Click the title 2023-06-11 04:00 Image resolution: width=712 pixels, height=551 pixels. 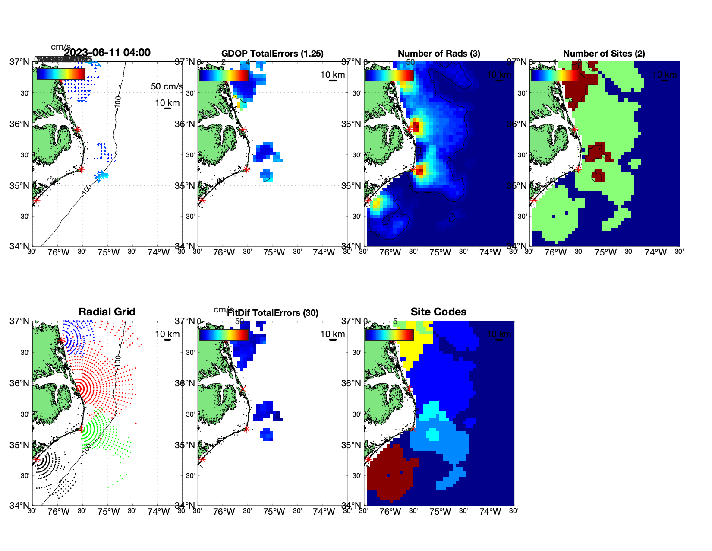coord(107,53)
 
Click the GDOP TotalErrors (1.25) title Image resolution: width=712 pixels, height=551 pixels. coord(272,54)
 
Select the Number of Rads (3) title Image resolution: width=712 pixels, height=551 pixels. coord(439,54)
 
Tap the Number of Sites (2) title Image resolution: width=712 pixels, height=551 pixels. coord(604,54)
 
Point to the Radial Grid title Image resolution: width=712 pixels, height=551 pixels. coord(107,312)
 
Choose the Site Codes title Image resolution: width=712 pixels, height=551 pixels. coord(438,312)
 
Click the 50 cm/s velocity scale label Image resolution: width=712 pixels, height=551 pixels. coord(167,86)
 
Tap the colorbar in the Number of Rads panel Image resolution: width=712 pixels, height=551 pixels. coord(389,75)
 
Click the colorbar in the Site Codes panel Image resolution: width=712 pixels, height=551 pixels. coord(389,335)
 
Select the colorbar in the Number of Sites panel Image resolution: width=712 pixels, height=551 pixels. coord(555,75)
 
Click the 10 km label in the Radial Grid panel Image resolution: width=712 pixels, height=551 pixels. coord(167,334)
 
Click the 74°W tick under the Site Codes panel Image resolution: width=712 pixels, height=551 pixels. coord(490,512)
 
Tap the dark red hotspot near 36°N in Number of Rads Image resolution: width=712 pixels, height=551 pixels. coord(416,127)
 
